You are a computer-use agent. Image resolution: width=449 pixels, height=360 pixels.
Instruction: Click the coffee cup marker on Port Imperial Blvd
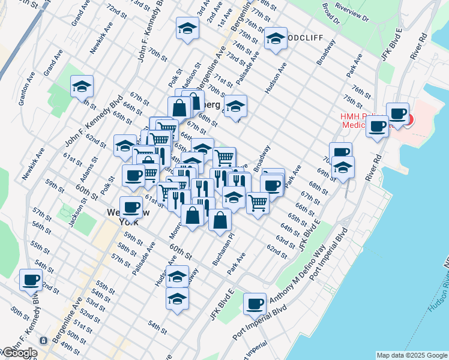click(255, 303)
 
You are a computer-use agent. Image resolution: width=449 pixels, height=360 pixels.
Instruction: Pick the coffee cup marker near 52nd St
click(31, 279)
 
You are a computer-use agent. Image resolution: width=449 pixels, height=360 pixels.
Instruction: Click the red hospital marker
click(408, 119)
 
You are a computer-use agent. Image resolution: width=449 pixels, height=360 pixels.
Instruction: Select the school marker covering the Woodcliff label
click(276, 38)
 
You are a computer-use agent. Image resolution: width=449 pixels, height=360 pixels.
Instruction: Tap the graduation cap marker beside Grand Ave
click(81, 86)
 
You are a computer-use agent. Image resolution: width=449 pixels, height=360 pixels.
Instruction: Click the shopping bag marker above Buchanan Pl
click(220, 219)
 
